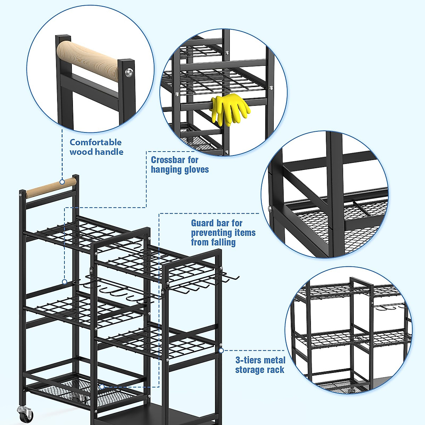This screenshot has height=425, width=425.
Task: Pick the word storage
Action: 250,370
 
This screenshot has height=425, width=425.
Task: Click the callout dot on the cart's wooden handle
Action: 62,182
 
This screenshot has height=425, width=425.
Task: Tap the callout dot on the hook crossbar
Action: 64,282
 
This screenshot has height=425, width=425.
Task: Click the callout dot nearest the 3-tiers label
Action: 221,351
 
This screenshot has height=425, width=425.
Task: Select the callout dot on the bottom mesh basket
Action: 102,387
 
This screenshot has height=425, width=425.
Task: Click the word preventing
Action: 223,233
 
